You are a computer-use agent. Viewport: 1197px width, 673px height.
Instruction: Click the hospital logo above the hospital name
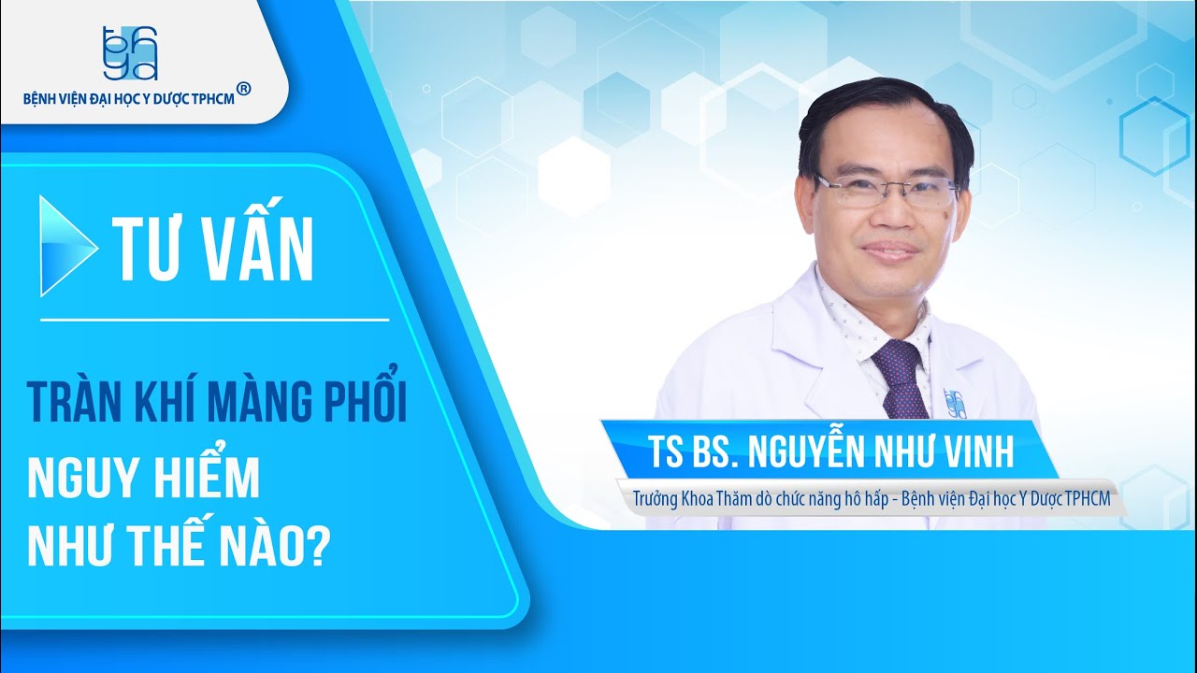click(130, 52)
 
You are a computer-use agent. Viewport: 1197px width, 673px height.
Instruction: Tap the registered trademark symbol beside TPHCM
click(243, 89)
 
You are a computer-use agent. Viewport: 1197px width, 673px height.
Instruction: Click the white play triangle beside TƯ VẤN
click(66, 246)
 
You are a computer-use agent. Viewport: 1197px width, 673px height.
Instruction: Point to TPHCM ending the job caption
click(1088, 498)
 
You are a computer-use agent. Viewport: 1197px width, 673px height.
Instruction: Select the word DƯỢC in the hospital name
click(186, 98)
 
